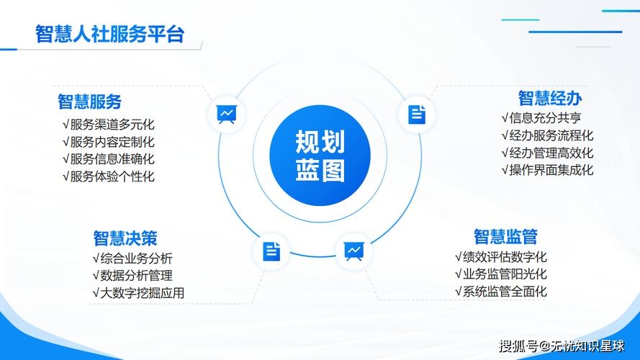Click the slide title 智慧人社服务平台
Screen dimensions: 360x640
[109, 34]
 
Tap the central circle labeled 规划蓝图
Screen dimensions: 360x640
[320, 156]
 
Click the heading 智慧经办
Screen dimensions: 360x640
[550, 98]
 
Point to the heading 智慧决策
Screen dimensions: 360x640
[125, 238]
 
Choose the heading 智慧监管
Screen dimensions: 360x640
[505, 236]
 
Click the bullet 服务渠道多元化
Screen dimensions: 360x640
[109, 124]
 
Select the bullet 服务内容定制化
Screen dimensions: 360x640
[109, 142]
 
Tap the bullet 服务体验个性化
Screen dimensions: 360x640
[109, 176]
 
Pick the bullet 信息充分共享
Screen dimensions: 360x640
[541, 117]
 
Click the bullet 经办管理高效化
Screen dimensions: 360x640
[547, 153]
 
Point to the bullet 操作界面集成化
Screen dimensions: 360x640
[547, 170]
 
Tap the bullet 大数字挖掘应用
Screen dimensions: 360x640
[138, 292]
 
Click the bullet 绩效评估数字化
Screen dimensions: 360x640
[501, 256]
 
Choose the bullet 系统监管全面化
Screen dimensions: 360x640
[501, 292]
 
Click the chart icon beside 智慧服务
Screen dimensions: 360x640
[227, 114]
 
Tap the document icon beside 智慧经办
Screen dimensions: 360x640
[417, 114]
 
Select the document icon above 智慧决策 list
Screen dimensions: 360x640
[271, 251]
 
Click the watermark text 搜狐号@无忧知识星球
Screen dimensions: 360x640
[562, 346]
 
